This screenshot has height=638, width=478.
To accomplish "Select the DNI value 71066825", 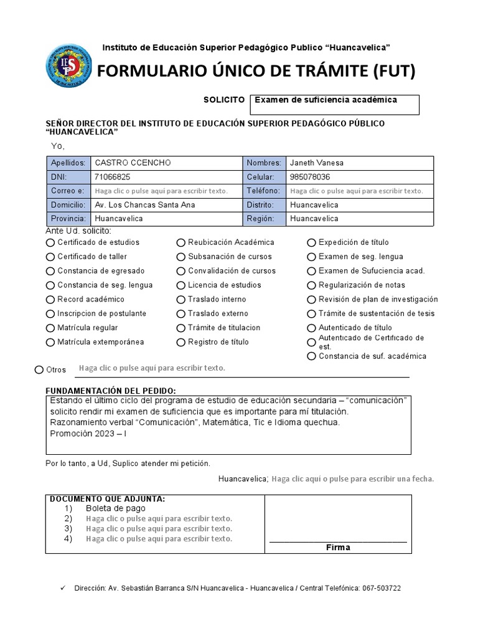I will click(113, 177).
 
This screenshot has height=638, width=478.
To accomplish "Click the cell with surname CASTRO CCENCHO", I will click(133, 163).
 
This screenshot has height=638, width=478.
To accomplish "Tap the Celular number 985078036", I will click(310, 177).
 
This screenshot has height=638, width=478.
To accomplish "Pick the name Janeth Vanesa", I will click(317, 163).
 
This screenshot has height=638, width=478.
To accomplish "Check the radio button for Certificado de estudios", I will click(50, 242).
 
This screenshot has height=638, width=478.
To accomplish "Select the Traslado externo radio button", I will click(181, 314).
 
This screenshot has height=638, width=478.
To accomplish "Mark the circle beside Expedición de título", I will click(312, 242).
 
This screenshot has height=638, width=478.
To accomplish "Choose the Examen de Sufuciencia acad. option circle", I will click(312, 271).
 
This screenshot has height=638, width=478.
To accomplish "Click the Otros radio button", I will click(40, 370).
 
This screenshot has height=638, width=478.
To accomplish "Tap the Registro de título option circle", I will click(181, 342).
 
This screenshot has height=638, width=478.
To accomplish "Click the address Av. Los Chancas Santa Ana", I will click(144, 205).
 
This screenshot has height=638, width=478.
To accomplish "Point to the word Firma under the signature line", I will click(338, 547).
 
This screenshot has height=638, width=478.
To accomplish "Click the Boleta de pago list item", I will click(116, 508).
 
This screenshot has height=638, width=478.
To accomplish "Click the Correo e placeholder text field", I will click(161, 191).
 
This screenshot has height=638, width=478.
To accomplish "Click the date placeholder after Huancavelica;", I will click(353, 479).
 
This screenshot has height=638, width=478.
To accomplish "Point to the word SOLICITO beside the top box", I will click(224, 100).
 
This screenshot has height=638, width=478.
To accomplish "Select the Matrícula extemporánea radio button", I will click(50, 342).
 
